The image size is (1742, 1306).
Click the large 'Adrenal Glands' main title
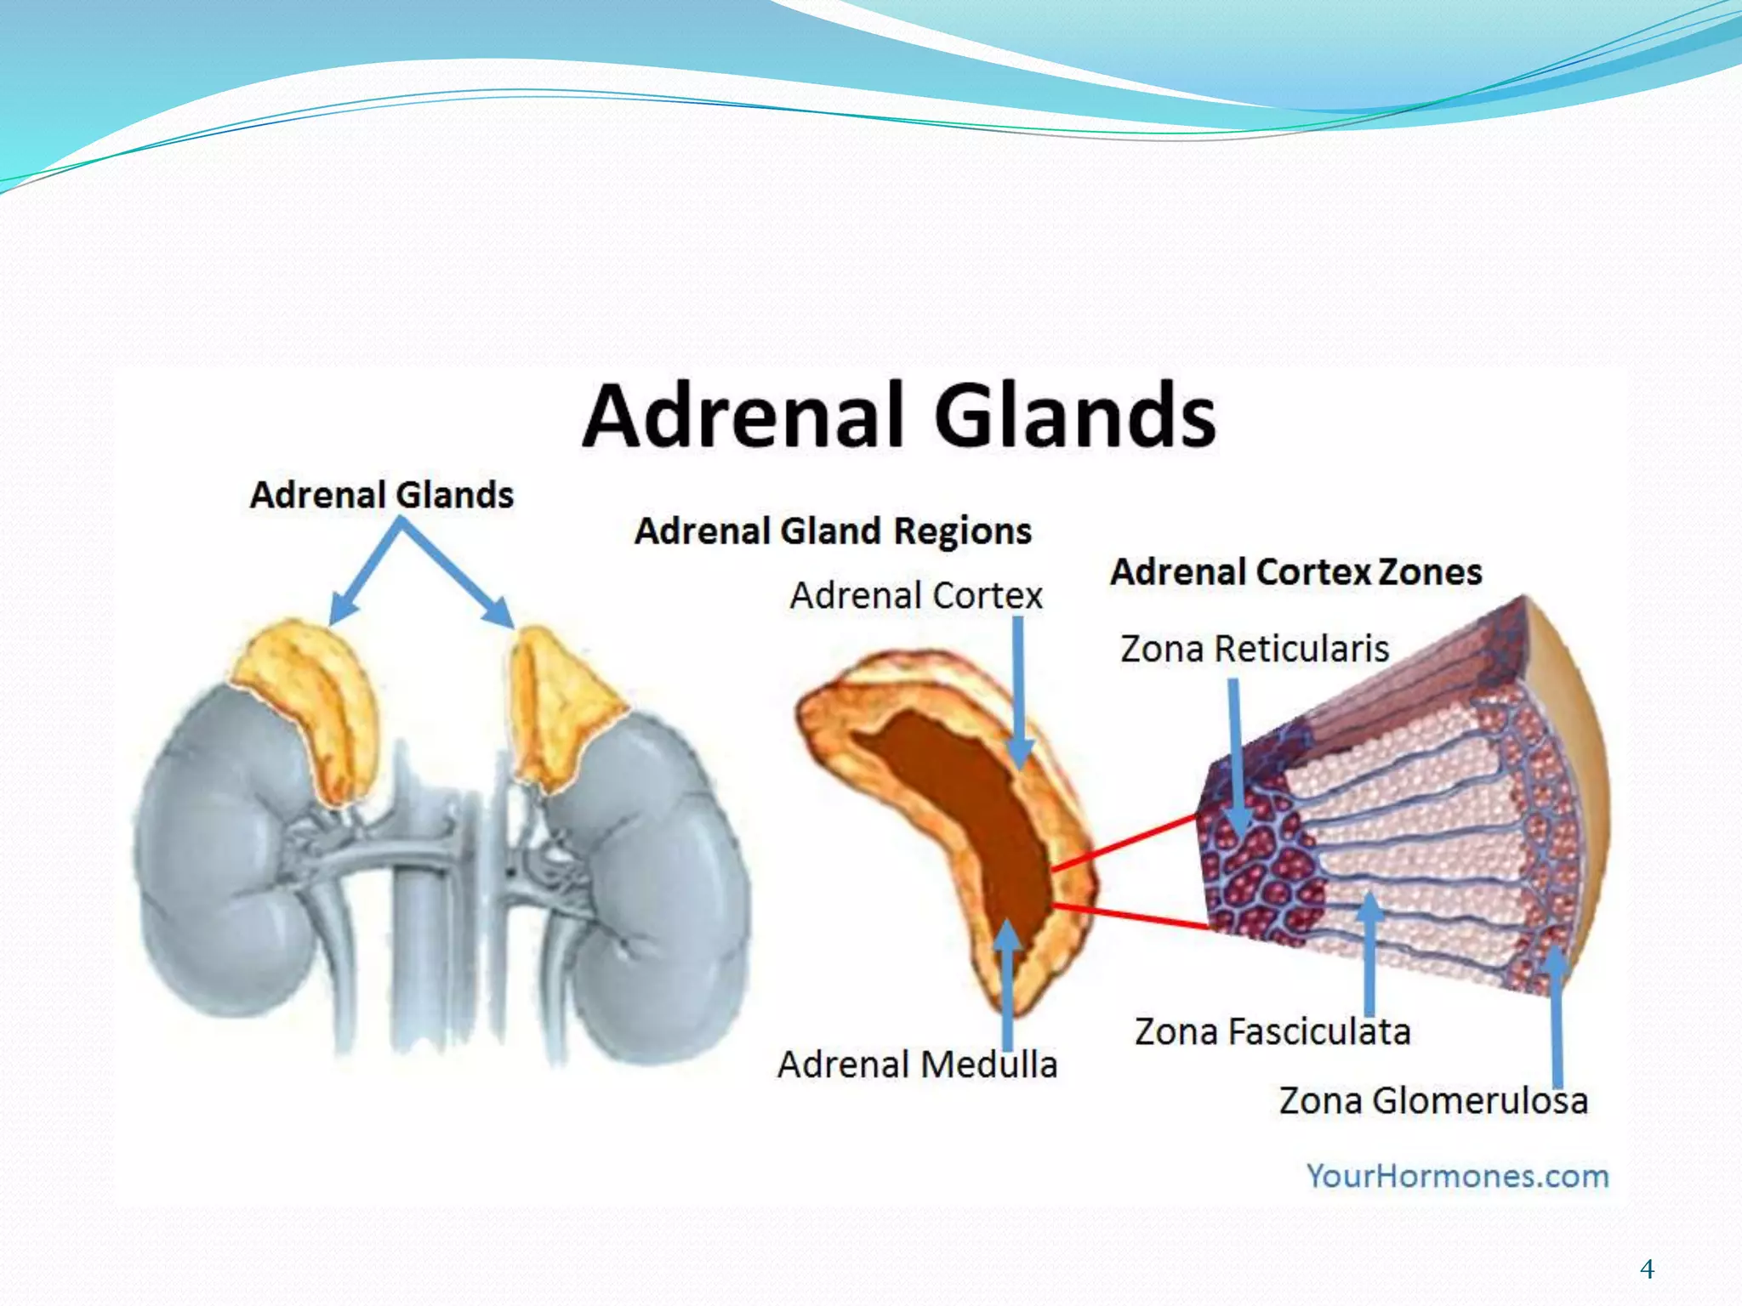(899, 416)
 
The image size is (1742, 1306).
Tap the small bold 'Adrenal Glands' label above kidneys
(382, 495)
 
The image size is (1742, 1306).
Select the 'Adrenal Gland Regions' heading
(833, 531)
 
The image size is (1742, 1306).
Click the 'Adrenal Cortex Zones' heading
(1295, 572)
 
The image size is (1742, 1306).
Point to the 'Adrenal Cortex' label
(916, 595)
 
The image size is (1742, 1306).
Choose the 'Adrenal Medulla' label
(917, 1065)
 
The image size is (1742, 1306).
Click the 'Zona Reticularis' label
(1255, 649)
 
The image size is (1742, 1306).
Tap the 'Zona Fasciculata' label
(1272, 1032)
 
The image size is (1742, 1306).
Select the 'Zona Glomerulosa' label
(1433, 1101)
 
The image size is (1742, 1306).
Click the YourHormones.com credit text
(1457, 1177)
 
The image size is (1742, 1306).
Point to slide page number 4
(1647, 1269)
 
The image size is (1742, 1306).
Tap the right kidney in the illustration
(655, 893)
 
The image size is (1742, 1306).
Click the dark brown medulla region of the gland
(970, 808)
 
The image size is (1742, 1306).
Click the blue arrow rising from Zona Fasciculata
(1369, 952)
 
